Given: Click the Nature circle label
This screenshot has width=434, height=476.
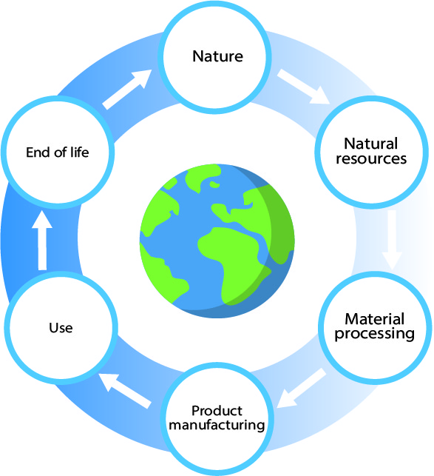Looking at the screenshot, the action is point(218,56).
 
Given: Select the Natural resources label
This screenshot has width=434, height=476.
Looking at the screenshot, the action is point(371,151).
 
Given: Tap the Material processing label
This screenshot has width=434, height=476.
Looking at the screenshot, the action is point(375,326).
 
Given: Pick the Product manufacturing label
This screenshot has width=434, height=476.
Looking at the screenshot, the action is point(217,418).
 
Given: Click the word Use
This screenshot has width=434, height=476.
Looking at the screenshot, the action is point(61,328).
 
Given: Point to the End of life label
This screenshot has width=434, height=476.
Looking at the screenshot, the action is point(58,152).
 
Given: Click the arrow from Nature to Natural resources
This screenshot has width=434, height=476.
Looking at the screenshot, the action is point(304,87).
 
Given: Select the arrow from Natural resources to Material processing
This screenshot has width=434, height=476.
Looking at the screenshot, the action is point(392,240).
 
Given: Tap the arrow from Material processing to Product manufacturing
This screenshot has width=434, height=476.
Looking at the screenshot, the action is point(302,388).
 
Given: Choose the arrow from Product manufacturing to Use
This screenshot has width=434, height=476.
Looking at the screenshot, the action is point(125,391).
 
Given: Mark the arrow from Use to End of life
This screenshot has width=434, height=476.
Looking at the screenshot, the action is point(42,240).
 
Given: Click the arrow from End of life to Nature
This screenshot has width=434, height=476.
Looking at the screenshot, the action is point(126,90).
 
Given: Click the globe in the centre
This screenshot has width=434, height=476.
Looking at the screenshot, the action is point(217,241).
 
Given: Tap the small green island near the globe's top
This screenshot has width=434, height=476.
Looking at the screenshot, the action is point(214,184).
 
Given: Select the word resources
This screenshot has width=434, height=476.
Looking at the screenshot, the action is point(371,158).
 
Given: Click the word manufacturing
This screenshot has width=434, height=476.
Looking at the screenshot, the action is point(217,425).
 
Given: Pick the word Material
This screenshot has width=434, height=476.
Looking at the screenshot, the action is point(375,319).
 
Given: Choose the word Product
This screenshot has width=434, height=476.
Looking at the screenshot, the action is point(217,411).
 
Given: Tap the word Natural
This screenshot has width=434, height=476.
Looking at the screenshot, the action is point(371,144).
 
